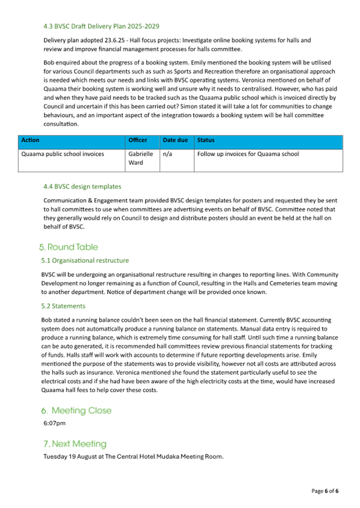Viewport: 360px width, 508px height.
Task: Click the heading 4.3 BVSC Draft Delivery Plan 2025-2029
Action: pyautogui.click(x=101, y=26)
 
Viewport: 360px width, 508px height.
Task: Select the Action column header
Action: pyautogui.click(x=30, y=140)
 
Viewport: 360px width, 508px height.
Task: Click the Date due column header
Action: pyautogui.click(x=175, y=140)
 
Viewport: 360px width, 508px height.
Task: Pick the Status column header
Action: pyautogui.click(x=206, y=140)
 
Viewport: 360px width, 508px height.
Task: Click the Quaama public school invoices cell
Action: pyautogui.click(x=62, y=154)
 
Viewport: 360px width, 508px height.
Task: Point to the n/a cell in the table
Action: pyautogui.click(x=167, y=154)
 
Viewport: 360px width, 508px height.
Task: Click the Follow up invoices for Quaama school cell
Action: pyautogui.click(x=248, y=154)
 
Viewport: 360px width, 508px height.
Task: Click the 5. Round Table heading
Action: pyautogui.click(x=69, y=247)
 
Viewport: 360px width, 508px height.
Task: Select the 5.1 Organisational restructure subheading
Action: pyautogui.click(x=85, y=261)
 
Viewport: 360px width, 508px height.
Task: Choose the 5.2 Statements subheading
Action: pyautogui.click(x=63, y=307)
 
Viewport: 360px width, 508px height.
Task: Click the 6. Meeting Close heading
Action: pyautogui.click(x=77, y=410)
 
